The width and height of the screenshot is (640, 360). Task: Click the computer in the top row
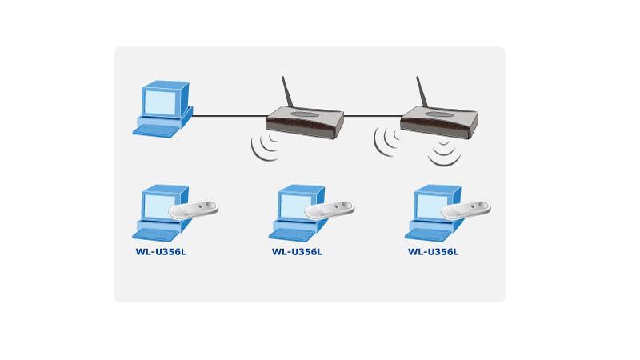(163, 110)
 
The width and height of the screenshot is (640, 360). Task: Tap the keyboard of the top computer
(156, 130)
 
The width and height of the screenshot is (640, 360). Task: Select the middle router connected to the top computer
(305, 118)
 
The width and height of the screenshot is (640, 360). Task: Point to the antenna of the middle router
(287, 93)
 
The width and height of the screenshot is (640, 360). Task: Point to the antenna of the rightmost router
(422, 93)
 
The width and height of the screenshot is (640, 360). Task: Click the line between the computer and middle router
(230, 116)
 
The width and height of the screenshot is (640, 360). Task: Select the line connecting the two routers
(372, 116)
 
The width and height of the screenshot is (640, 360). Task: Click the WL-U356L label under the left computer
(161, 252)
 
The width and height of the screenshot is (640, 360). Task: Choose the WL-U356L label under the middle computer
(297, 252)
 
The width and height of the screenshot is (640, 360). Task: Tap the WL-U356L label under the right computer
(434, 252)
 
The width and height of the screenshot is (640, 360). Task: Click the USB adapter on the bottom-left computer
(193, 210)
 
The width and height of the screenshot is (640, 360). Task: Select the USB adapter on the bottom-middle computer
(330, 210)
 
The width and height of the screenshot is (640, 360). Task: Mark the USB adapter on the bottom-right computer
(466, 210)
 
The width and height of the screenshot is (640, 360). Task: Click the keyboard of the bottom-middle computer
(292, 234)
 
